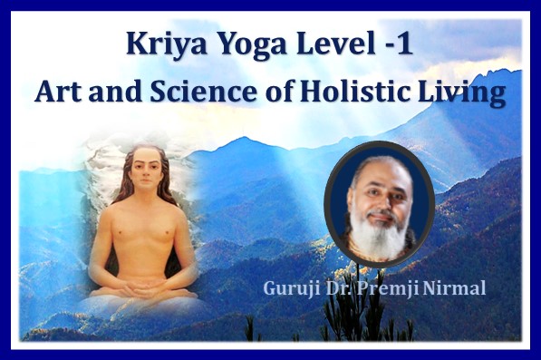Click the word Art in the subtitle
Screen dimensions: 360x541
pyautogui.click(x=58, y=92)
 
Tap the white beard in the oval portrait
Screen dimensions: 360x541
pyautogui.click(x=379, y=238)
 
